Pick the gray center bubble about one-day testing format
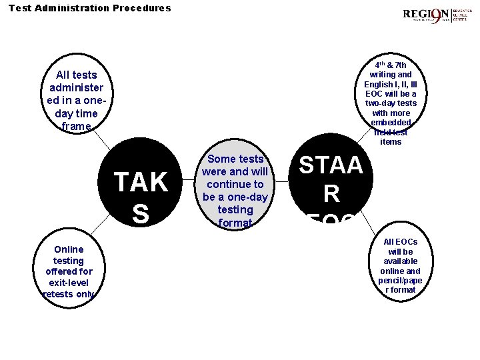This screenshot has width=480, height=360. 235,190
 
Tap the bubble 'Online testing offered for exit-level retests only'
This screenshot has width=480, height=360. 69,271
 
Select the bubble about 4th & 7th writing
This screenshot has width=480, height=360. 391,103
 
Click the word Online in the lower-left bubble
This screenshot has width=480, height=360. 69,249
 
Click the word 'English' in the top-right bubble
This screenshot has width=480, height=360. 378,85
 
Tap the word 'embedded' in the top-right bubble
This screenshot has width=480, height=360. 391,123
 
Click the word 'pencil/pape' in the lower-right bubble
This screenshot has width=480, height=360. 400,281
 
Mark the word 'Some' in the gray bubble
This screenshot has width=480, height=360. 222,159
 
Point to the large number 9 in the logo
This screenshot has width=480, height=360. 441,15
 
